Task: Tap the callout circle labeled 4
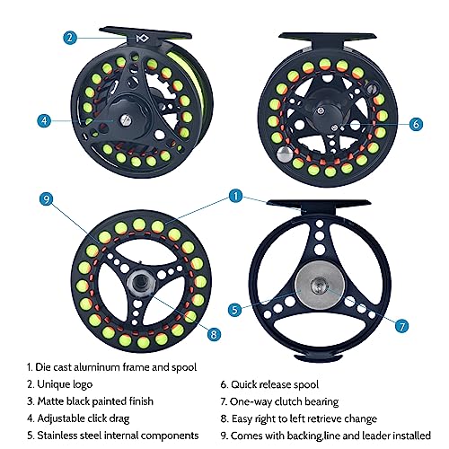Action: point(43,120)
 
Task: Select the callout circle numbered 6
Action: point(414,125)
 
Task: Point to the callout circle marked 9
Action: point(45,199)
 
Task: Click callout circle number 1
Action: point(235,195)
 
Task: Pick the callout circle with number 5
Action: point(235,310)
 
